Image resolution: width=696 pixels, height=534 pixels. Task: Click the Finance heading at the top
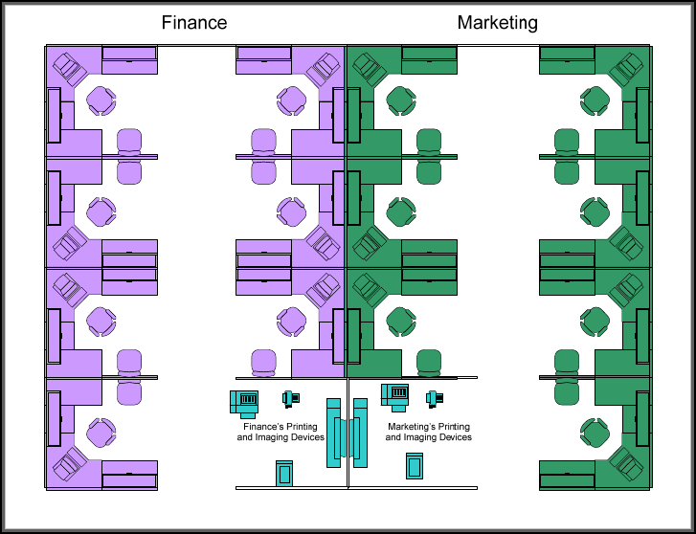pos(194,23)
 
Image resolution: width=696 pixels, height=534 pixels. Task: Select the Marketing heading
pos(497,23)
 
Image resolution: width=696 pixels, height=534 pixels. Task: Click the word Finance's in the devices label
pos(263,426)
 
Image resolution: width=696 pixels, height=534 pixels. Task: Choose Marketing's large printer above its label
pos(395,395)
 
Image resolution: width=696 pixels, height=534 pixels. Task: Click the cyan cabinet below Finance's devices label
pos(283,473)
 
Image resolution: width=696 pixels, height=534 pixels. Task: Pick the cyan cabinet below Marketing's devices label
pos(415,465)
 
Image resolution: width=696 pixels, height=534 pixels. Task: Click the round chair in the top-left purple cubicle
pos(101,100)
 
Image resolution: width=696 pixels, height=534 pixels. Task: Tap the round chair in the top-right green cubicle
pos(594,100)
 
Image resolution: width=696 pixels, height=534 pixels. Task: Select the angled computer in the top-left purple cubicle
pos(69,68)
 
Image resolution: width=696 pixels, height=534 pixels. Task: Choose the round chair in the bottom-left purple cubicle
pos(101,434)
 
